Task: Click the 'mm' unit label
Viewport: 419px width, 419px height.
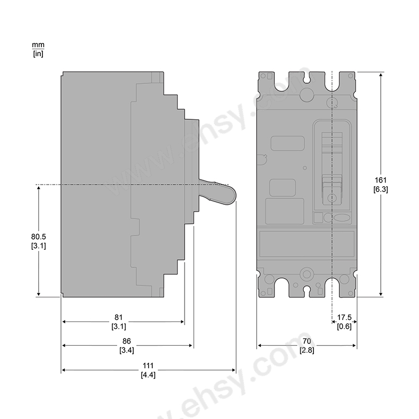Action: click(x=38, y=46)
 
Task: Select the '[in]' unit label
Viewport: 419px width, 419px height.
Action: click(x=38, y=54)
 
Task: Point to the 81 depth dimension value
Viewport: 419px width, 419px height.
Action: click(x=118, y=318)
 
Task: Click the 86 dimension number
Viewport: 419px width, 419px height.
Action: click(x=126, y=342)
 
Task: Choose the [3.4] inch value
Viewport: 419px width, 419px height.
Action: click(x=126, y=350)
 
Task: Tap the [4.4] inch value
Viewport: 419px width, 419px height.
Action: click(x=147, y=375)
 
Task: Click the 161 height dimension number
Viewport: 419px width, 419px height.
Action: click(x=380, y=180)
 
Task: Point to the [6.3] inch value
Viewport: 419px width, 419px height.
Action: click(x=380, y=189)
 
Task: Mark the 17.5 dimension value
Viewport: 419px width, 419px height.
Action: click(x=344, y=318)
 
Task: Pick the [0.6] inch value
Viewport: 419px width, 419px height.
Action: click(x=344, y=326)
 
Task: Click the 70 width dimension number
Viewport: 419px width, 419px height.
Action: click(x=307, y=342)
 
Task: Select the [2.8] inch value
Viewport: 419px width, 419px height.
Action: click(x=307, y=350)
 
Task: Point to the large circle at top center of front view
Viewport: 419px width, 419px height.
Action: click(x=306, y=95)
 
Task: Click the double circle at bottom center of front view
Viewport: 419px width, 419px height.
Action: click(x=306, y=274)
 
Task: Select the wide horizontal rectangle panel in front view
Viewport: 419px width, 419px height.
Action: click(x=307, y=243)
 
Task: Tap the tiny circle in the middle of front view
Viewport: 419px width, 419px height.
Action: click(x=304, y=168)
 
